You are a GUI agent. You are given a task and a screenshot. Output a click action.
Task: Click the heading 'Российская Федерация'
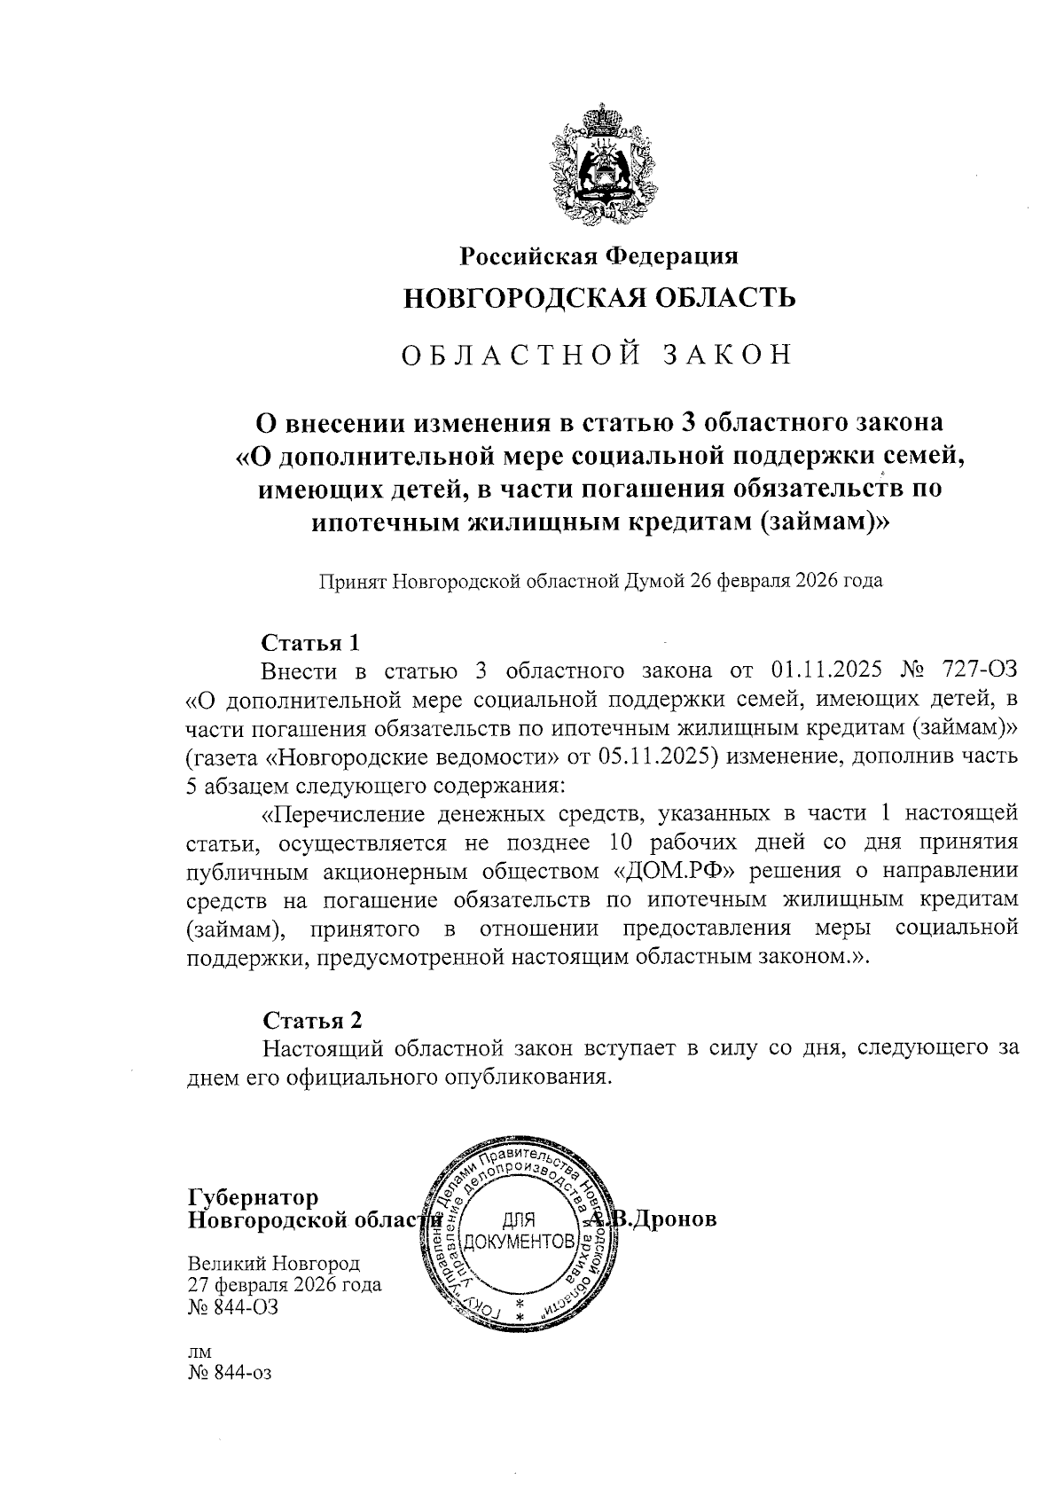[x=598, y=257]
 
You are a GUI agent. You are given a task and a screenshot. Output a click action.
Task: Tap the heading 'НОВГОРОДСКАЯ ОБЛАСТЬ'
[x=599, y=298]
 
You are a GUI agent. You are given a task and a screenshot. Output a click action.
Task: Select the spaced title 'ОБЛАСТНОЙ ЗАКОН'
[x=596, y=355]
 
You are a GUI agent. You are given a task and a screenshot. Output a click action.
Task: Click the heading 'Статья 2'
[x=311, y=1019]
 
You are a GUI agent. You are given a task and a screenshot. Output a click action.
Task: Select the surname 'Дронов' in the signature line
[x=673, y=1219]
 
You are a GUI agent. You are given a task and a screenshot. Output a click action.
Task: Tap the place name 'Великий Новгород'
[x=274, y=1264]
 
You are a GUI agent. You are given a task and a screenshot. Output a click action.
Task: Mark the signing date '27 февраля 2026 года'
[x=285, y=1285]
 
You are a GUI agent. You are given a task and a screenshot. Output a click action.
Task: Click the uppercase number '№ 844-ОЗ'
[x=233, y=1306]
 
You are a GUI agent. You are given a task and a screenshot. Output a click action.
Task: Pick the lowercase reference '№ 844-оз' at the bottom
[x=229, y=1374]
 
